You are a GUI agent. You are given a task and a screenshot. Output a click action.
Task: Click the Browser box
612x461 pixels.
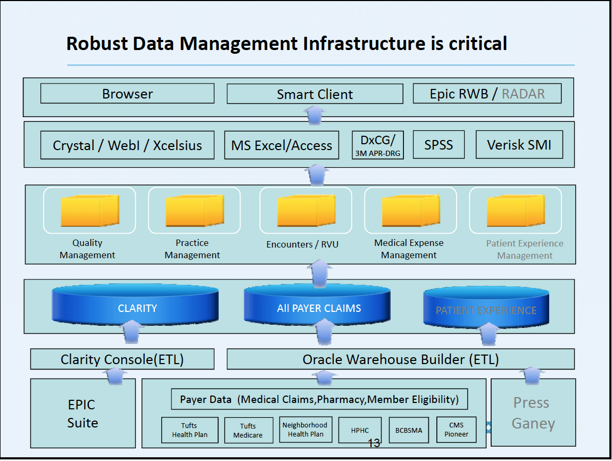(127, 93)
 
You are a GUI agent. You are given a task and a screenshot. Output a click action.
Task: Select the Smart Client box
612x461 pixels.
(315, 94)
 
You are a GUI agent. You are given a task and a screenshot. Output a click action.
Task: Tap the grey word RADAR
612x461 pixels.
(523, 94)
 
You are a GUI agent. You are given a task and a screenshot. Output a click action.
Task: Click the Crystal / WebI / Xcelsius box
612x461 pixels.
(127, 145)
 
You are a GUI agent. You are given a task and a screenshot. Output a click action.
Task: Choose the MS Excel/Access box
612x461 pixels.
(282, 145)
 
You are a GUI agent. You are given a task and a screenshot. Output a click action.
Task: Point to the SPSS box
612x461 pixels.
(439, 144)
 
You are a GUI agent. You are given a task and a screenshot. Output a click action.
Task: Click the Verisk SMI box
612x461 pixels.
(519, 144)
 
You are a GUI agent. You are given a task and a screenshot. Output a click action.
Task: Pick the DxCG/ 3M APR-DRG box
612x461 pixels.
(378, 145)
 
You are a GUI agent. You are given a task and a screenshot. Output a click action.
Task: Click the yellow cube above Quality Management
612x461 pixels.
(90, 211)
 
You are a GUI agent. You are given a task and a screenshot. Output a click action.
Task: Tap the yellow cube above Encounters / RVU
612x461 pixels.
(306, 211)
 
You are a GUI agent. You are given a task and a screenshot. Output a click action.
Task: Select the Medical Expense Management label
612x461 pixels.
(409, 249)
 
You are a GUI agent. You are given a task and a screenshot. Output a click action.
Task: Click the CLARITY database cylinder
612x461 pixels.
(135, 305)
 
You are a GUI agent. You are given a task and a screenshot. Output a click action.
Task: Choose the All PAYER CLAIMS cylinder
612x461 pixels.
(317, 305)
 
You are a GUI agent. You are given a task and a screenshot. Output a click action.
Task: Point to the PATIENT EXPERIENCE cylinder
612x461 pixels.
(486, 307)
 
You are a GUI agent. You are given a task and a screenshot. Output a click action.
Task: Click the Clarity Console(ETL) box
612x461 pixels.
(122, 359)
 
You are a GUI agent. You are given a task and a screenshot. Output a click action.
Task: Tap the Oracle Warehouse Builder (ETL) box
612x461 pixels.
(400, 359)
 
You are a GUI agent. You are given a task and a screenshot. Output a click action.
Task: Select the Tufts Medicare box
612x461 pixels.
(249, 430)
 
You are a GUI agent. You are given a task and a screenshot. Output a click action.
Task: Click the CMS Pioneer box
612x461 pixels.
(456, 430)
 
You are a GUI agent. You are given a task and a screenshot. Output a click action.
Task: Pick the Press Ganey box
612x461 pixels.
(533, 413)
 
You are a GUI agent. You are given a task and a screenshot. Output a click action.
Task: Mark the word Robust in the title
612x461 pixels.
(97, 43)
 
